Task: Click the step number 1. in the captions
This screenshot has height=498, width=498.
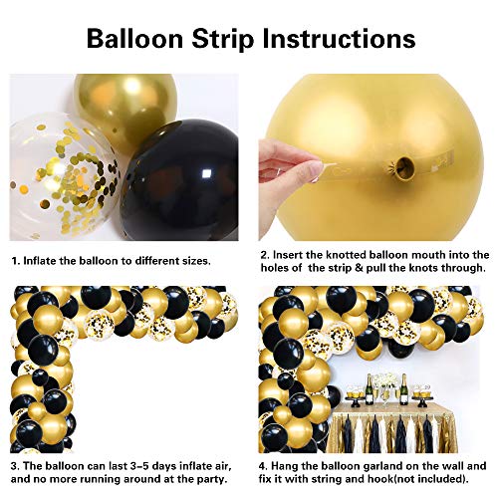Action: point(15,260)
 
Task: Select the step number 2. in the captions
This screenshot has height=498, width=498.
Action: point(263,254)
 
